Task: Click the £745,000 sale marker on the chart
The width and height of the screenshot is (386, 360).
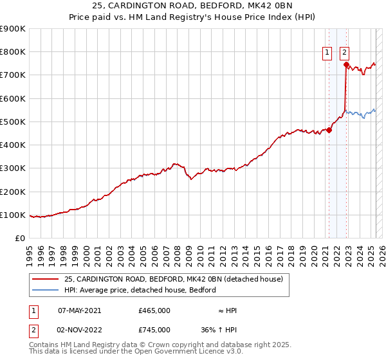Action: [346, 64]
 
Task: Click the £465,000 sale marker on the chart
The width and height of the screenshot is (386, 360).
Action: [329, 130]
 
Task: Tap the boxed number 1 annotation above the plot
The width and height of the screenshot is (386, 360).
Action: [327, 53]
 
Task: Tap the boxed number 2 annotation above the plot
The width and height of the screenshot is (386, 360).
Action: [345, 53]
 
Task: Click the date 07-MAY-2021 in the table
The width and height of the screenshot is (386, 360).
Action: [79, 310]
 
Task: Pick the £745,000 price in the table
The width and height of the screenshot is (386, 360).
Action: [154, 330]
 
